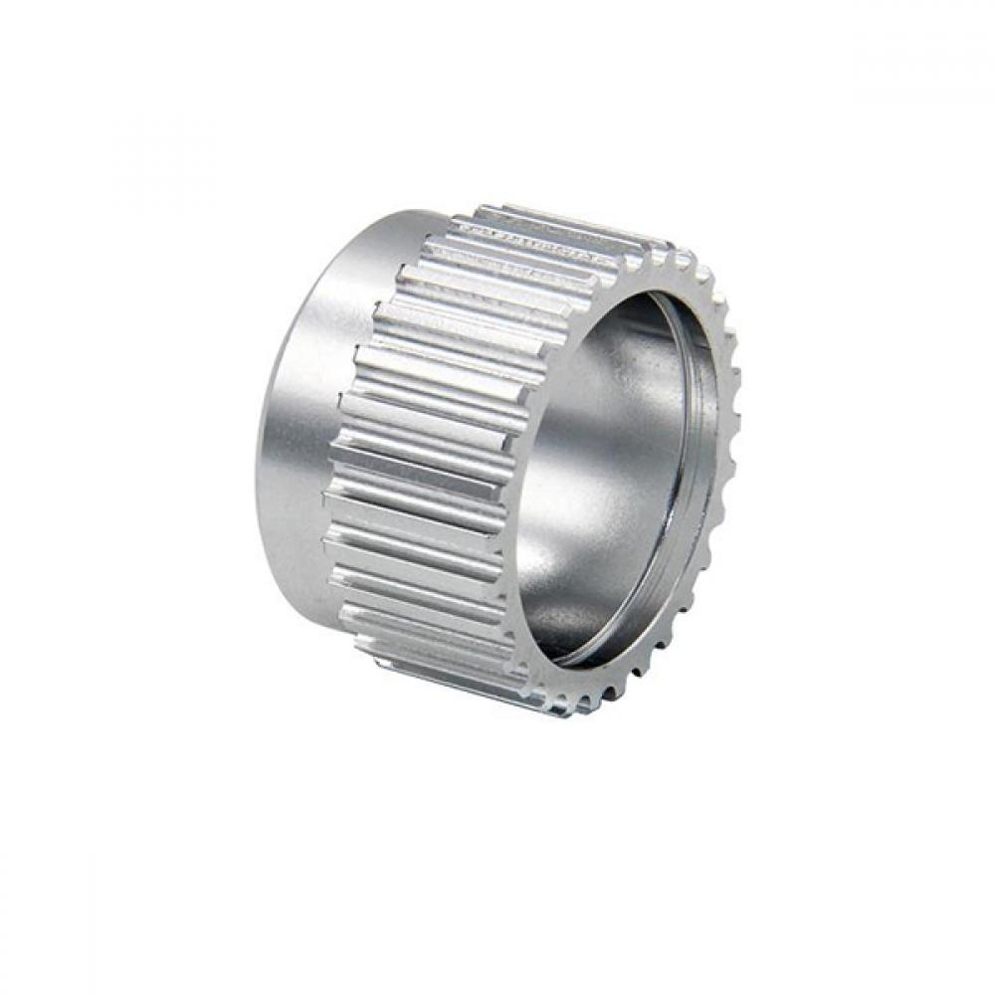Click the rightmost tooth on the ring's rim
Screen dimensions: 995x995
(x=733, y=438)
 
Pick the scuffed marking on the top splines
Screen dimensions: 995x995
(x=527, y=239)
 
